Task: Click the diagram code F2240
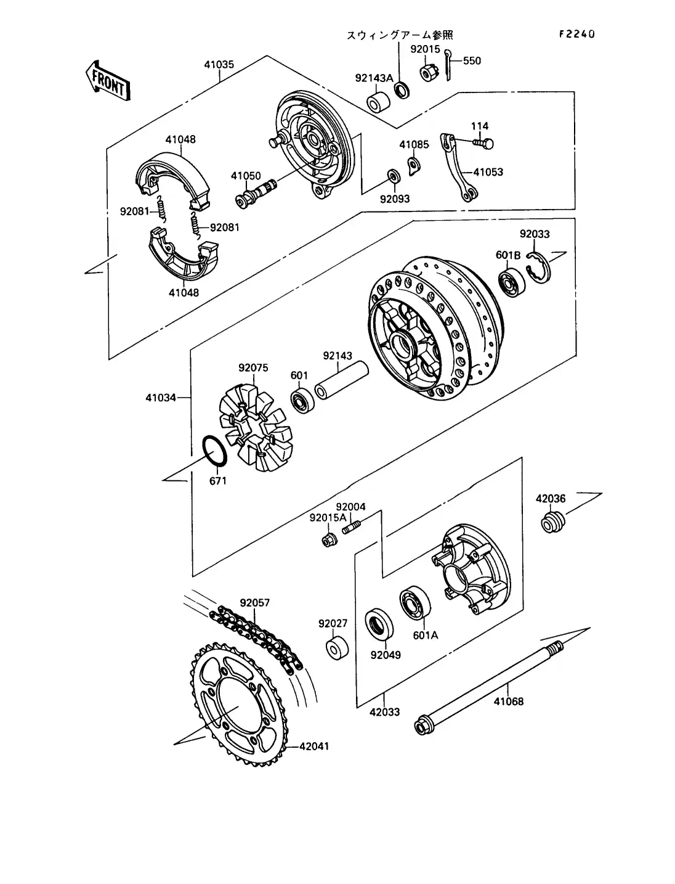pos(576,35)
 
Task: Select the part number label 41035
pos(219,64)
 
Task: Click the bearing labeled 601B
pos(511,282)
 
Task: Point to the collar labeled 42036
pos(551,523)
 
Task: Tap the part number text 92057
pos(254,602)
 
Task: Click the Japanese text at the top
pos(402,35)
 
